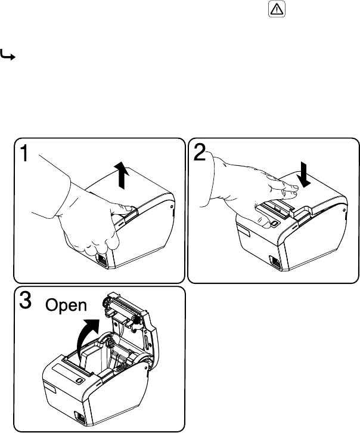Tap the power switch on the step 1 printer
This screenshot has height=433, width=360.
pos(101,259)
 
